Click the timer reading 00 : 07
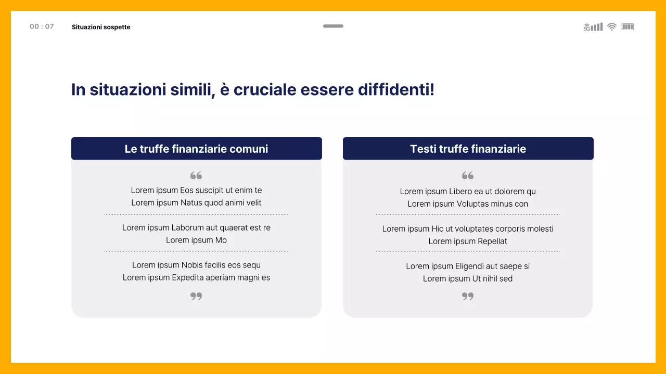coord(42,26)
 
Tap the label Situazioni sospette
coord(101,27)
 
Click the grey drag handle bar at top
coord(333,26)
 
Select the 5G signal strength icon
coord(593,27)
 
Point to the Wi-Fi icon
coord(612,27)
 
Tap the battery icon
coord(627,27)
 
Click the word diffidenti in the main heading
coord(395,90)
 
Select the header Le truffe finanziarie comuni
coord(196,149)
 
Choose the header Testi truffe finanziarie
coord(468,149)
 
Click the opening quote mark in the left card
coord(196,176)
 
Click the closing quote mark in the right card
coord(468,296)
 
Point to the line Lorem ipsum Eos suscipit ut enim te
coord(196,190)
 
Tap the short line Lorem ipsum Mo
coord(196,240)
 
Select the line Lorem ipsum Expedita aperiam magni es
coord(196,277)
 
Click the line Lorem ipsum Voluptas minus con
coord(468,204)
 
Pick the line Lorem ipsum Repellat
coord(468,241)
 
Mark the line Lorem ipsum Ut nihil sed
coord(468,278)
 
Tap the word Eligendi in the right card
coord(472,266)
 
